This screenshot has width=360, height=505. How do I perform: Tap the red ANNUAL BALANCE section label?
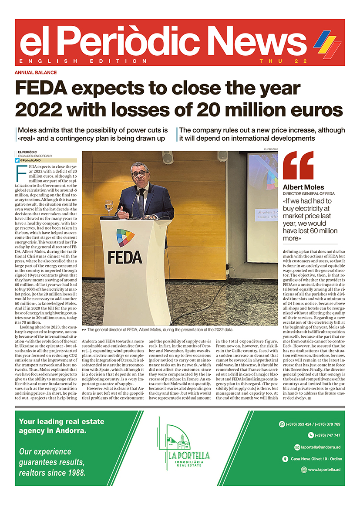36,72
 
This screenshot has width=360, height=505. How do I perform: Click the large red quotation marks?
298,166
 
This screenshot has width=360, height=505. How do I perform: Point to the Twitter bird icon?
17,160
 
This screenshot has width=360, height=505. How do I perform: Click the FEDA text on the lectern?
125,256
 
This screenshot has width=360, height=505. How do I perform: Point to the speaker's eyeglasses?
140,173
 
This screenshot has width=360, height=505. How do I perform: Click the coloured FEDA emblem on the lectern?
125,238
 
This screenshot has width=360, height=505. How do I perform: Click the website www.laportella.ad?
324,470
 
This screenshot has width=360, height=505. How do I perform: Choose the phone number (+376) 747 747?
324,435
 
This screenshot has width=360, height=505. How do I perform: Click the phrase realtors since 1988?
52,472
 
